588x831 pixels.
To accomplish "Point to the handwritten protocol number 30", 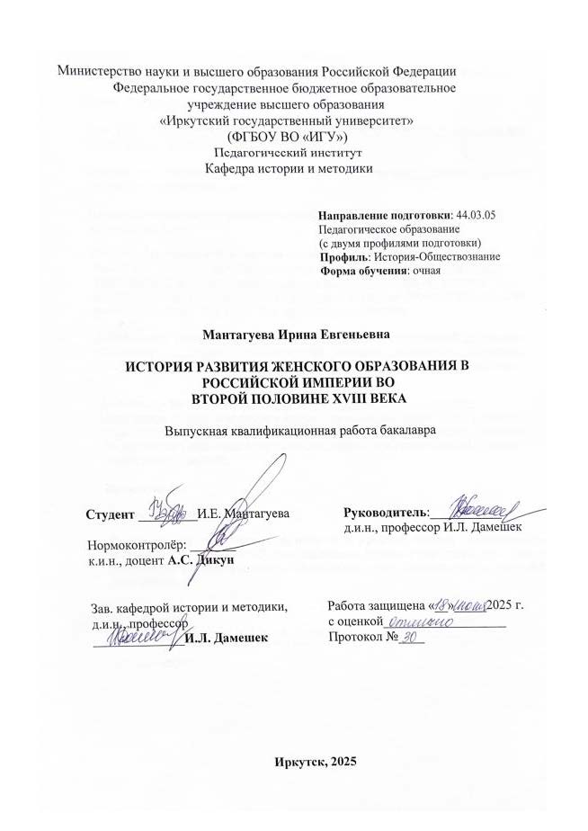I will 412,637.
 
